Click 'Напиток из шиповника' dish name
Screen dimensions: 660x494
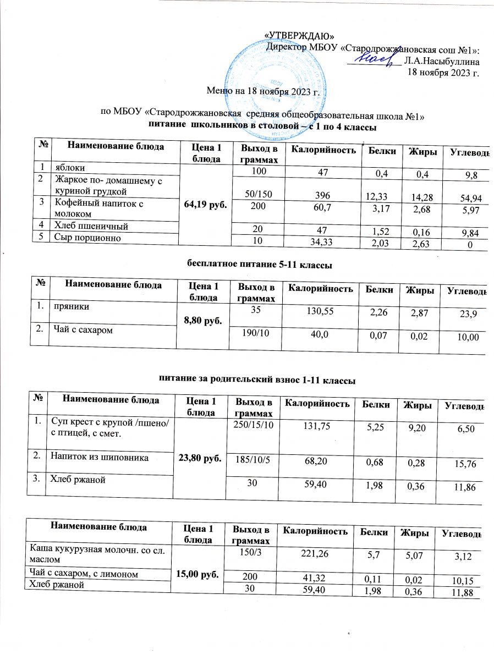[94, 455]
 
